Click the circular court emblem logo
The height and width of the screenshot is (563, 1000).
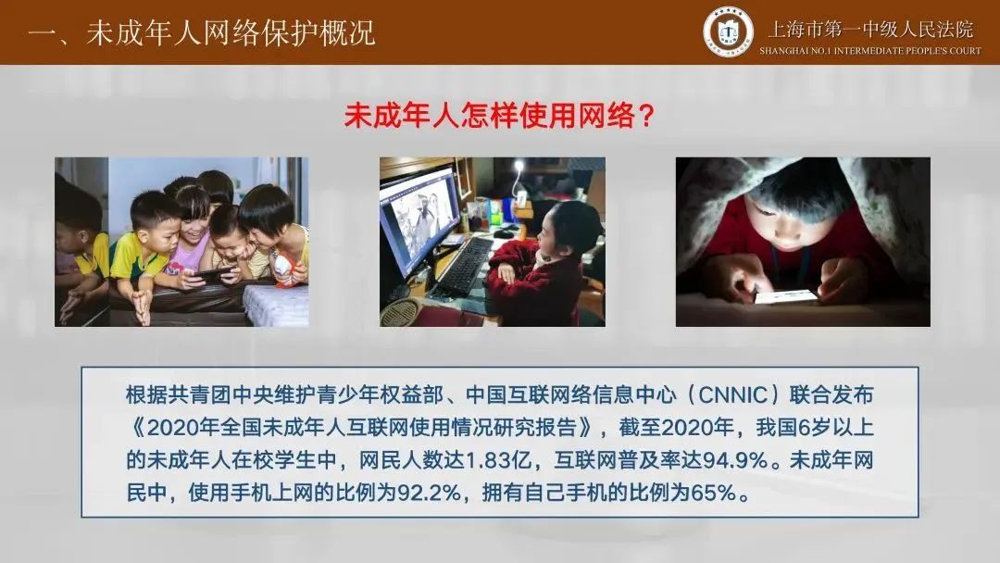click(x=728, y=31)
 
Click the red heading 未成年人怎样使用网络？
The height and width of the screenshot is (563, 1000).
click(x=499, y=116)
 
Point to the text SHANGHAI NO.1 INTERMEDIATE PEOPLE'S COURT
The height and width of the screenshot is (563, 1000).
click(x=869, y=50)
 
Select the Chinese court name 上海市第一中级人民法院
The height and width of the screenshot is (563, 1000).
click(x=870, y=29)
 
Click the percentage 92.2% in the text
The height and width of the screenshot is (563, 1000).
click(x=429, y=493)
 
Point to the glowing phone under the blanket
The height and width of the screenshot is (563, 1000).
click(x=786, y=296)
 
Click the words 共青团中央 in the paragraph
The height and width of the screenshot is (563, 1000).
click(x=199, y=395)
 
